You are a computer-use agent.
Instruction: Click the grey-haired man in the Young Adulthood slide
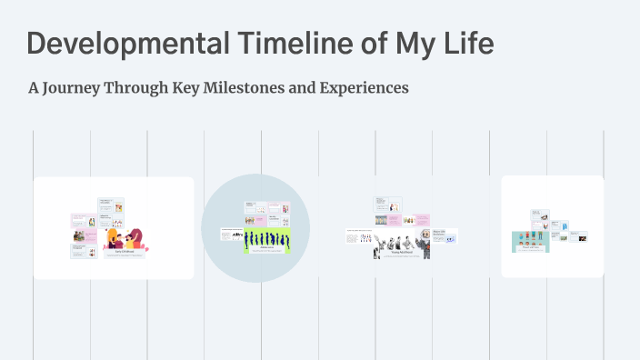(x=423, y=243)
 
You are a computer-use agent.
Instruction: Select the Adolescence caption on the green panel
(x=266, y=246)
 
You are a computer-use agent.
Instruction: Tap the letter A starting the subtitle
(x=35, y=88)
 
